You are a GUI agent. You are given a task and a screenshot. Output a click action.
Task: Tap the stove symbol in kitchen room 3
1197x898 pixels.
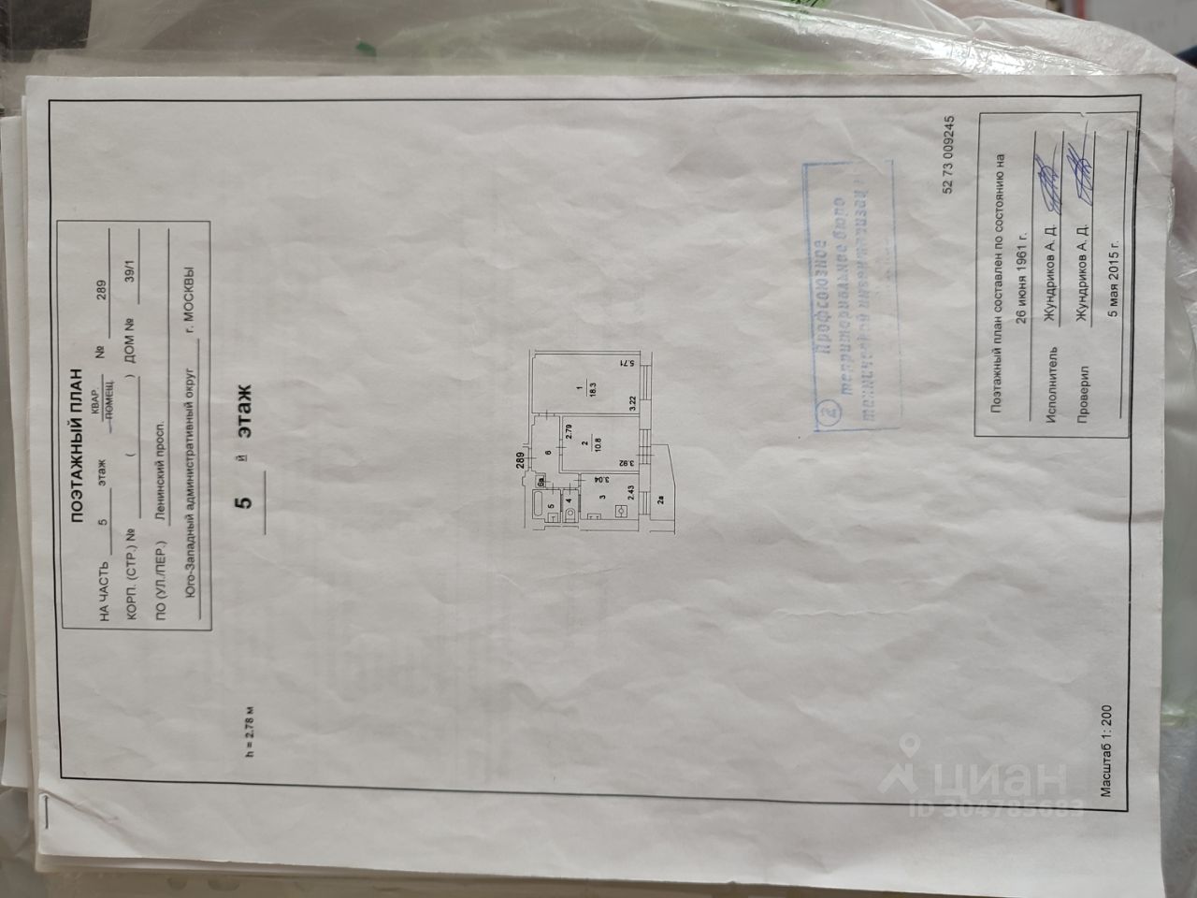(x=620, y=511)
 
